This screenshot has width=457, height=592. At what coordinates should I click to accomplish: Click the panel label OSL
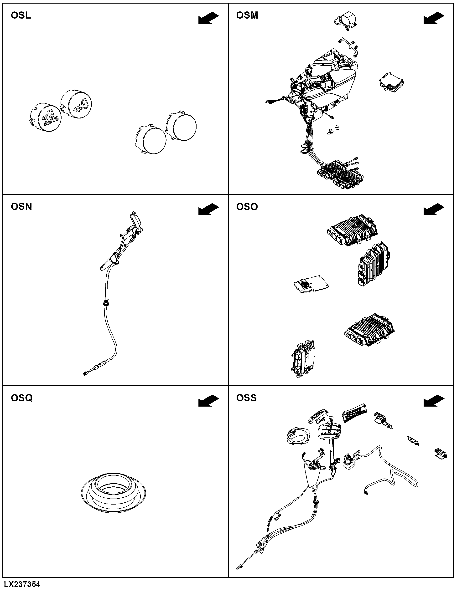click(21, 15)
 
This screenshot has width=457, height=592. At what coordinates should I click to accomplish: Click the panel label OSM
click(247, 15)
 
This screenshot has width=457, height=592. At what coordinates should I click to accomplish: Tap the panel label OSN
click(21, 207)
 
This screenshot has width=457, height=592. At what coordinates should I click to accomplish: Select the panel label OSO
click(247, 207)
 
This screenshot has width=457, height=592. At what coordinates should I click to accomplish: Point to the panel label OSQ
click(22, 398)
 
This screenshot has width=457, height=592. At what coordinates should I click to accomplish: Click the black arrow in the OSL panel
click(208, 18)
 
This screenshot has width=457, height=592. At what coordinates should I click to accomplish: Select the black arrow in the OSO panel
click(434, 209)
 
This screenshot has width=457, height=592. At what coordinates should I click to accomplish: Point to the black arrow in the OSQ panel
click(208, 401)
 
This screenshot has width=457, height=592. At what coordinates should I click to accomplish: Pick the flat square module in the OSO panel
click(311, 284)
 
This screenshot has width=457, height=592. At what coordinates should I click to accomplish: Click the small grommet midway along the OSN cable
click(106, 302)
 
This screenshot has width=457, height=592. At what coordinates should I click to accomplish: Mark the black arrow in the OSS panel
click(434, 401)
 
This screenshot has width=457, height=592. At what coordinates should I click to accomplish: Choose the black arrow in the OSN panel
click(208, 209)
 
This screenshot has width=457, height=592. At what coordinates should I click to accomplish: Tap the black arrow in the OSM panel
click(434, 18)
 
